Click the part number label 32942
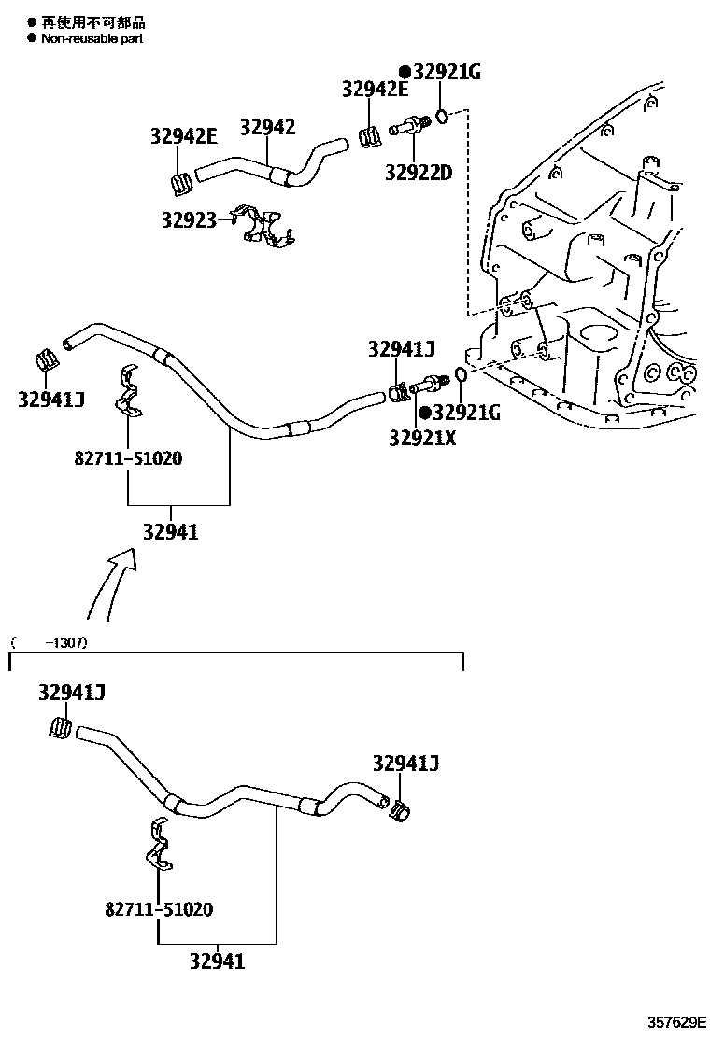pyautogui.click(x=267, y=127)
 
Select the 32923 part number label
pyautogui.click(x=189, y=220)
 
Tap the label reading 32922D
pyautogui.click(x=418, y=172)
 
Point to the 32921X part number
pyautogui.click(x=422, y=437)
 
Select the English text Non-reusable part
pyautogui.click(x=92, y=39)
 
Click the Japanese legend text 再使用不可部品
pyautogui.click(x=92, y=22)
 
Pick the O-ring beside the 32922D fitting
pyautogui.click(x=444, y=116)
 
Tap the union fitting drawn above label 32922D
pyautogui.click(x=409, y=127)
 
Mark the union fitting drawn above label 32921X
pyautogui.click(x=428, y=383)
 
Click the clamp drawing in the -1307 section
pyautogui.click(x=160, y=845)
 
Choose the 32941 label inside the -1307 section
pyautogui.click(x=217, y=960)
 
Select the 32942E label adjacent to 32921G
pyautogui.click(x=375, y=90)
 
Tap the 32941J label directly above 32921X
pyautogui.click(x=402, y=349)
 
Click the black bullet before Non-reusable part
pyautogui.click(x=31, y=39)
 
